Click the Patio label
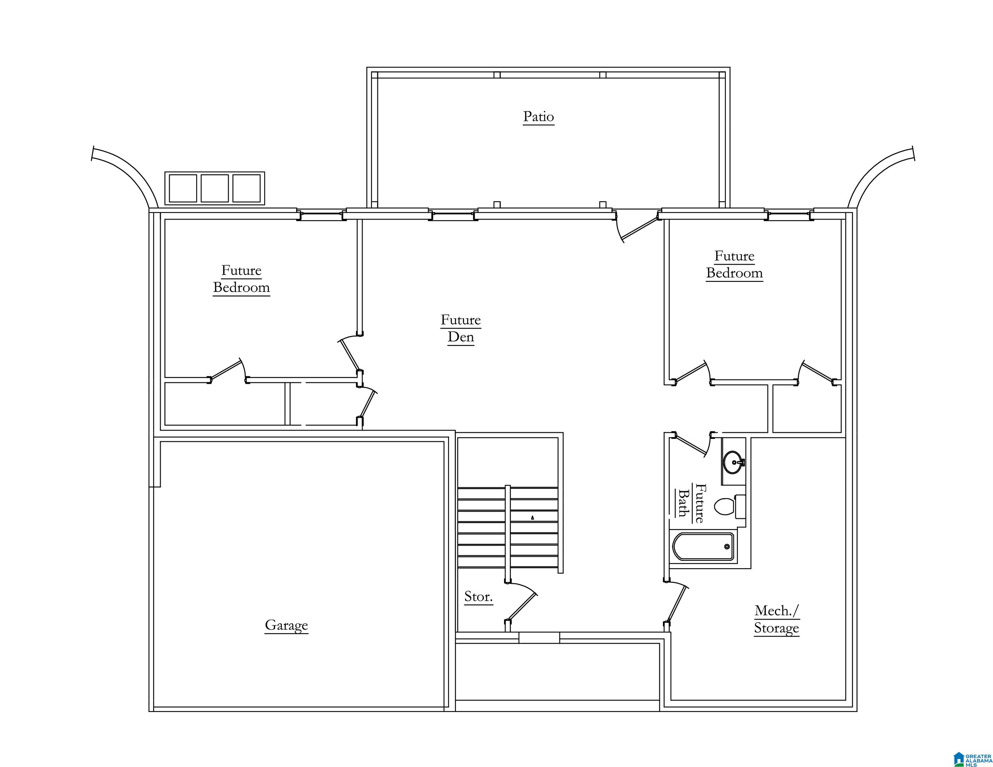coord(538,117)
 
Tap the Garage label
coord(286,625)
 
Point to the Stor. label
coord(478,597)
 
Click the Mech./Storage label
coord(776,619)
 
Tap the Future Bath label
coord(690,503)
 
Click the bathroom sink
coord(734,462)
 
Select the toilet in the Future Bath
coord(729,507)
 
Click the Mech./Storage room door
coord(676,604)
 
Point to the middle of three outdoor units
coord(215,188)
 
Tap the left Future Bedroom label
coord(242,279)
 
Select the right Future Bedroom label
coord(734,264)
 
